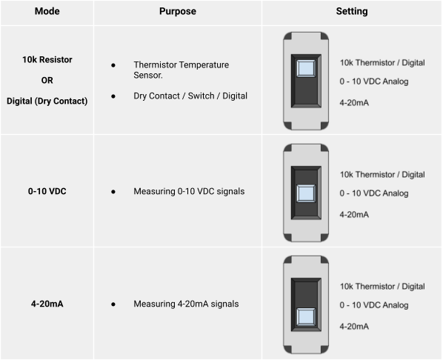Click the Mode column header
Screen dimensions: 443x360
[47, 11]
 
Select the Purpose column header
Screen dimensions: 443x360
[178, 11]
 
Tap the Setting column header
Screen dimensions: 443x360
[352, 11]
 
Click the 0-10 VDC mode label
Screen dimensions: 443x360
[47, 191]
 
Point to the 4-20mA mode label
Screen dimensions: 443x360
[47, 304]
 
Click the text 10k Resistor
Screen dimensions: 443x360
[47, 59]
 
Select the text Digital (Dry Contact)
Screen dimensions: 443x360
[47, 101]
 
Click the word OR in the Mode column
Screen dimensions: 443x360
[47, 80]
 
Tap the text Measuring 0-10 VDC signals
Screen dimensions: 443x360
[189, 191]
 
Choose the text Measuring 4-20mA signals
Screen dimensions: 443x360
[186, 304]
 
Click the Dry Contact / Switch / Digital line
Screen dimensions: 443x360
[190, 96]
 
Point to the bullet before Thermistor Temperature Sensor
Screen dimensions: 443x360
[113, 65]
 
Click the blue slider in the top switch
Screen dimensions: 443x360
[306, 68]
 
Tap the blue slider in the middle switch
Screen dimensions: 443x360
[306, 193]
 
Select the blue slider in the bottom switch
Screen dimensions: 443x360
[306, 317]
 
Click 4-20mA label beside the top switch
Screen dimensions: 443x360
[354, 102]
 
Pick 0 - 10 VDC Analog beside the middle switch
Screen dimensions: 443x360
[374, 193]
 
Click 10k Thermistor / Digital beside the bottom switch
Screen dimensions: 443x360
[382, 287]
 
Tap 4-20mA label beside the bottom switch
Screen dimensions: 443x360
[354, 327]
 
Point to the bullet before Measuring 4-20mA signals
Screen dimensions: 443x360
[113, 304]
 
